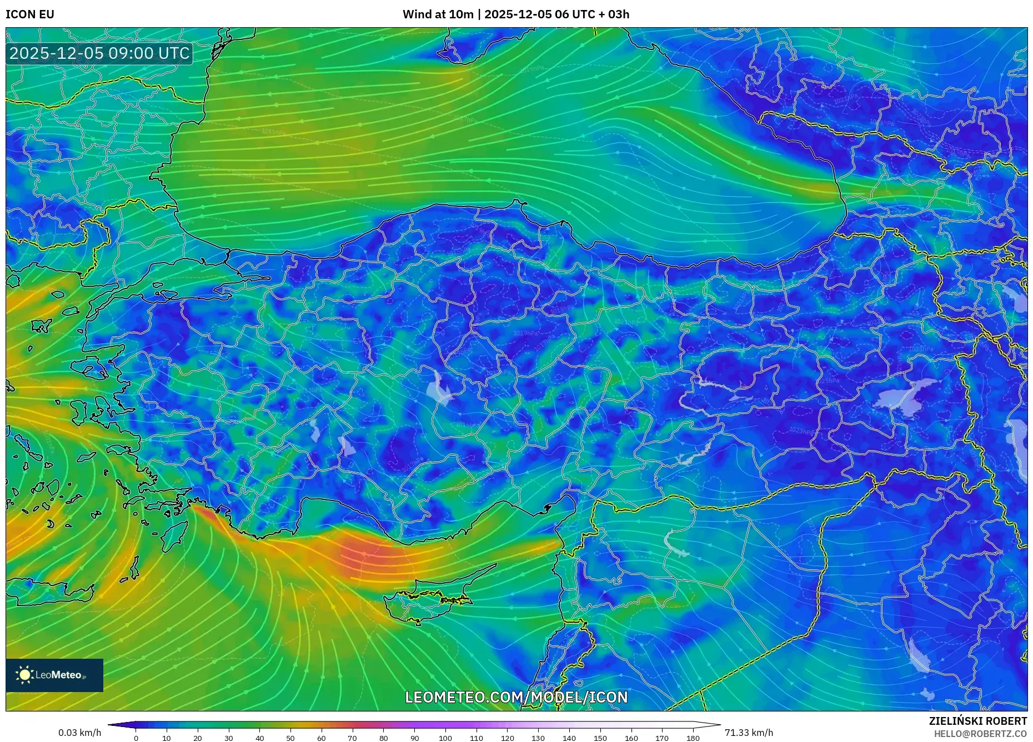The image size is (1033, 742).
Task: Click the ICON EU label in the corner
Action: [x=30, y=14]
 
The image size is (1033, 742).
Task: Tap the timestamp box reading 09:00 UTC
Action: [x=99, y=53]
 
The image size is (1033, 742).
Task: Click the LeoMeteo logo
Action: [x=54, y=675]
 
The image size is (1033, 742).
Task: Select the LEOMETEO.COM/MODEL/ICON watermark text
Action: [x=516, y=697]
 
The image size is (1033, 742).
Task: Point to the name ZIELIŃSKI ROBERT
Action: [x=977, y=721]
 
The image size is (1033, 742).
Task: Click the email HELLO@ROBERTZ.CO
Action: [x=980, y=734]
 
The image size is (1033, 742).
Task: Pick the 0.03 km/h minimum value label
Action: [x=80, y=733]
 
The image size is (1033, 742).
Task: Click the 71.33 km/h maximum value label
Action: [x=749, y=733]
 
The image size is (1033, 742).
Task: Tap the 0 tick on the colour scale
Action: [x=136, y=738]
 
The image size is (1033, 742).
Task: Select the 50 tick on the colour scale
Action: [x=290, y=738]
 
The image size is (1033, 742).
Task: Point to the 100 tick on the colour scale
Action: [x=445, y=738]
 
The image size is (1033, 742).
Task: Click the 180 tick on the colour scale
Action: [x=693, y=738]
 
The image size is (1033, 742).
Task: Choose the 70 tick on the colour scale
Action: [x=352, y=738]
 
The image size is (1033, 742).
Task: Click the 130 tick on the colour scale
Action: [x=538, y=738]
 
